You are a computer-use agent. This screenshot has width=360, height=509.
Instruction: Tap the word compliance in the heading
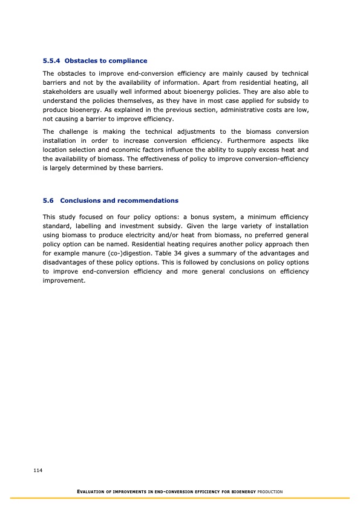(x=125, y=61)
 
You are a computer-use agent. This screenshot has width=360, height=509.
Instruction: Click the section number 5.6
(x=49, y=200)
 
